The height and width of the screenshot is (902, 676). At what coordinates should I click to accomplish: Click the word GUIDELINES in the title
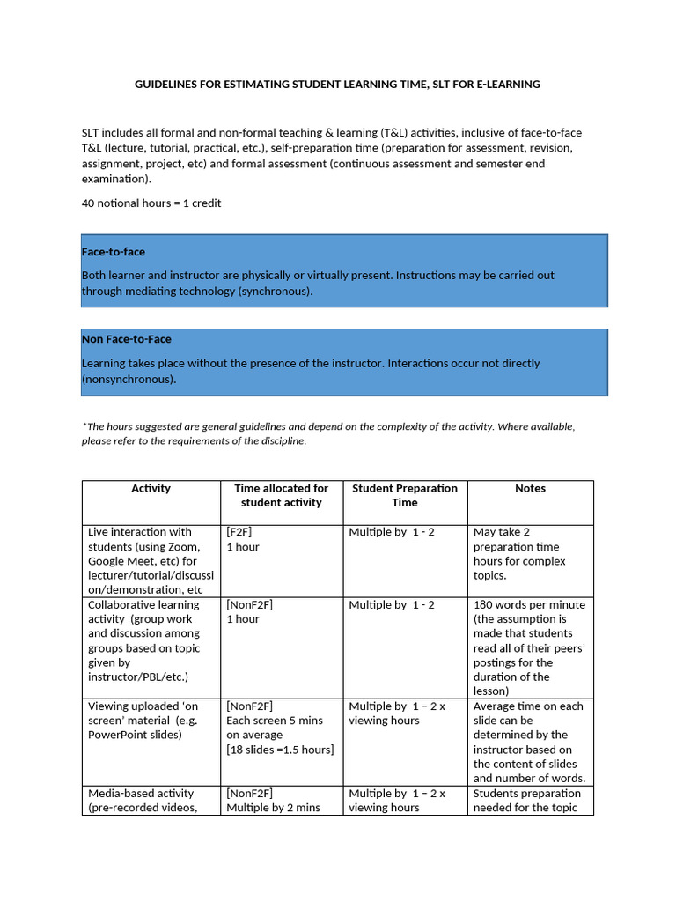(166, 85)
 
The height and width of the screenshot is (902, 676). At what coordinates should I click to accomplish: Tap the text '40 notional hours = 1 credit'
(151, 203)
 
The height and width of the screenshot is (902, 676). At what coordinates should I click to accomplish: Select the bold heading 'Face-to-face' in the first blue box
(113, 252)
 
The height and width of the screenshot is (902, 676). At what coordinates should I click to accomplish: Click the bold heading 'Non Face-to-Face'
(126, 339)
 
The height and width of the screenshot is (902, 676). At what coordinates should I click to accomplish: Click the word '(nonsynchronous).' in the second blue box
(129, 379)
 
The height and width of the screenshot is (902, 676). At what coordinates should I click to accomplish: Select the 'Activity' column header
(151, 488)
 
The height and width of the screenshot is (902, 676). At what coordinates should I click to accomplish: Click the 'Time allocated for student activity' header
(281, 495)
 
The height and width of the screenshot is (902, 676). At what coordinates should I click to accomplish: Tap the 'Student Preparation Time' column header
(405, 495)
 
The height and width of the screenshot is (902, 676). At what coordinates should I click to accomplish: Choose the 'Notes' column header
(530, 488)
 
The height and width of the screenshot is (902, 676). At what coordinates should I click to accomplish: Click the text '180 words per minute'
(529, 605)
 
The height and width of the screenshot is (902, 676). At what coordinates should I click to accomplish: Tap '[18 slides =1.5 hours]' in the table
(280, 749)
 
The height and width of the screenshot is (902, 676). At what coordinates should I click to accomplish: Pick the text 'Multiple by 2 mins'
(273, 808)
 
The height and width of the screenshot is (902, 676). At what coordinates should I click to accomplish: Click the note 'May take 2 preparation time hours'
(519, 553)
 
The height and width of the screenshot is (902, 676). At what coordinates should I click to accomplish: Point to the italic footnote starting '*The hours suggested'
(327, 433)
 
